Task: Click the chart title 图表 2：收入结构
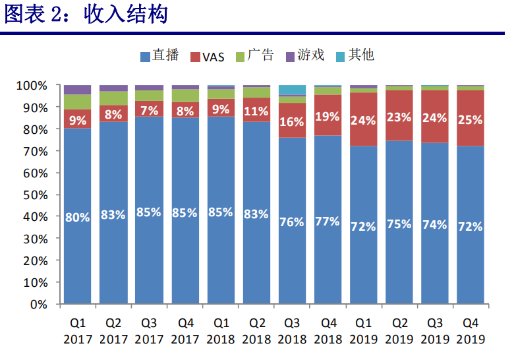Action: pyautogui.click(x=86, y=15)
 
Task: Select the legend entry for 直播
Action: pyautogui.click(x=159, y=55)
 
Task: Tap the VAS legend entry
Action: pyautogui.click(x=207, y=56)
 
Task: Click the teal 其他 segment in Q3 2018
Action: pyautogui.click(x=291, y=90)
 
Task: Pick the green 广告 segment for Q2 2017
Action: pyautogui.click(x=113, y=98)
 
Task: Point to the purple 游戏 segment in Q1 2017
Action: pyautogui.click(x=77, y=90)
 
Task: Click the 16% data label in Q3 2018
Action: pyautogui.click(x=291, y=121)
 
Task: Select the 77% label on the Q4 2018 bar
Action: pyautogui.click(x=327, y=222)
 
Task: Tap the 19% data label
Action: pyautogui.click(x=327, y=116)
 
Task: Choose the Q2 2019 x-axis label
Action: pyautogui.click(x=398, y=331)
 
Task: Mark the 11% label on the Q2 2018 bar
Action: pyautogui.click(x=256, y=110)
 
